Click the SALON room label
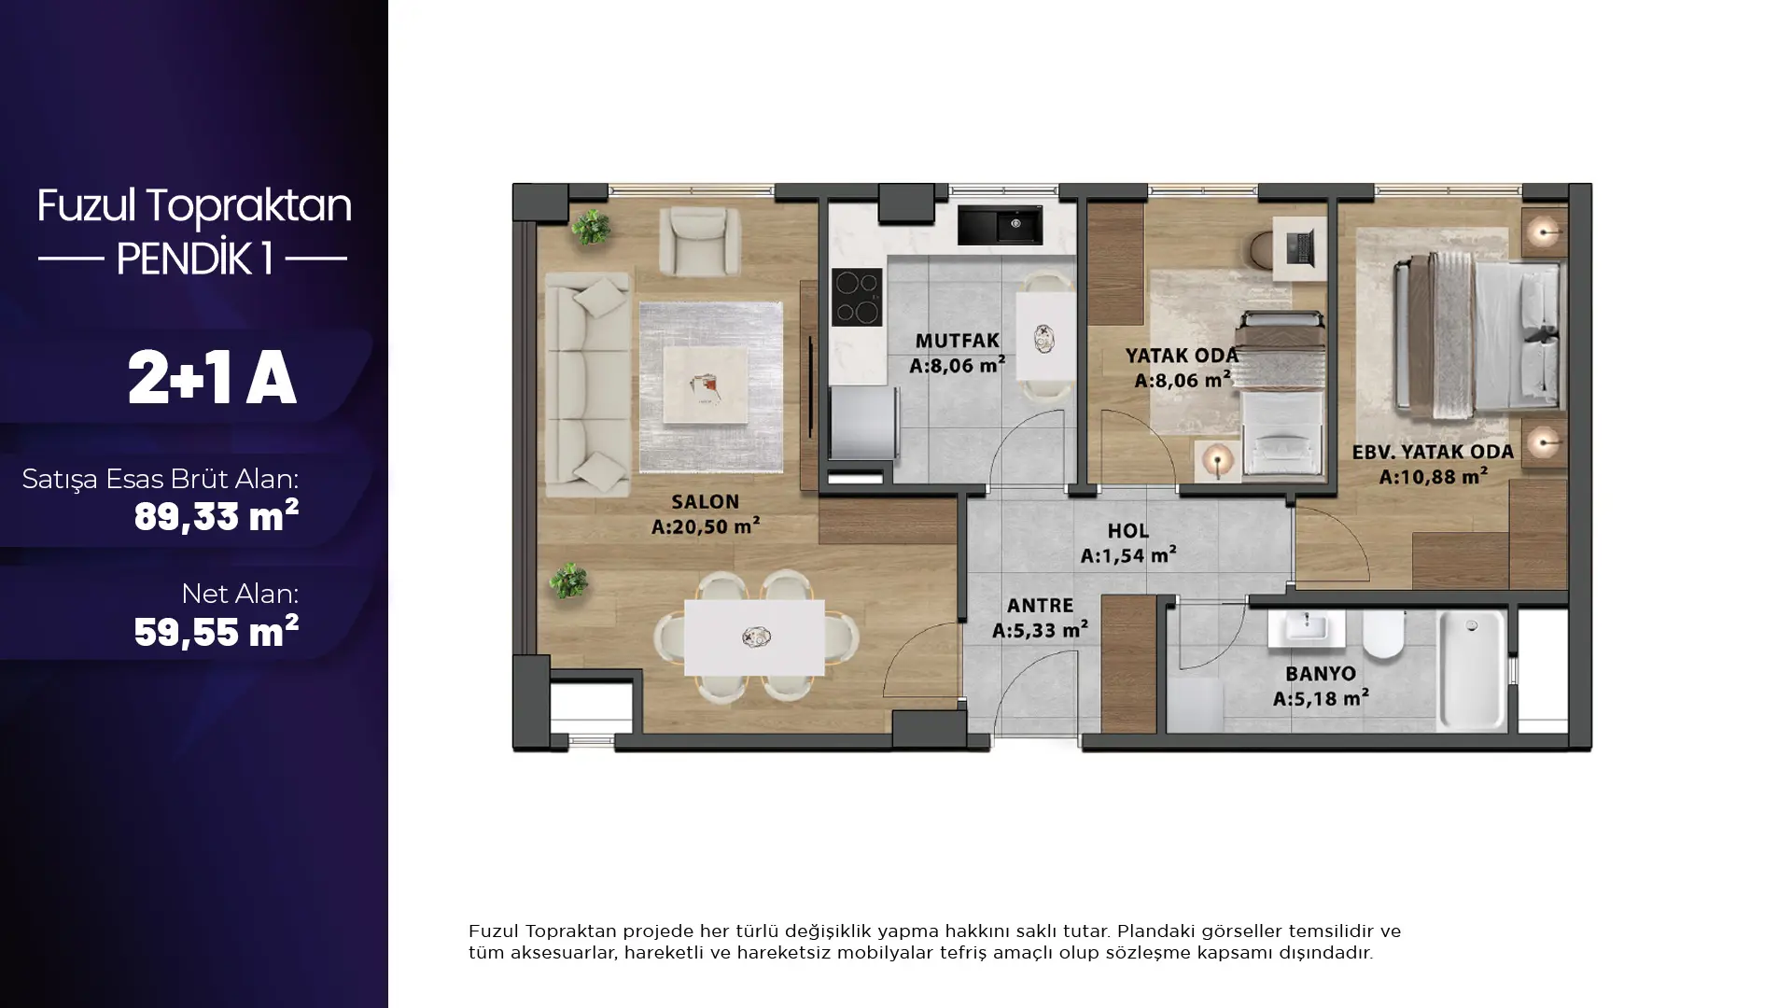click(x=705, y=502)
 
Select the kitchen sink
click(x=1000, y=225)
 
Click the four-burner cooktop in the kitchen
click(x=857, y=297)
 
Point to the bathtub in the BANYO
click(x=1472, y=669)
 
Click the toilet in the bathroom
click(x=1383, y=634)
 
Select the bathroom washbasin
click(x=1306, y=629)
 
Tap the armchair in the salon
click(x=699, y=240)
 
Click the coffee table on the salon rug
click(x=706, y=385)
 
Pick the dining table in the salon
click(x=754, y=637)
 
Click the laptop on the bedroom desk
click(x=1298, y=247)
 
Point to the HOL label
click(x=1127, y=531)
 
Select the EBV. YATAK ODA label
click(x=1433, y=453)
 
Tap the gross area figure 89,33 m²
click(x=216, y=515)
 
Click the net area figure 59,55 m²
click(x=216, y=631)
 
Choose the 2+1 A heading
click(x=212, y=378)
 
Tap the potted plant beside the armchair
click(x=590, y=227)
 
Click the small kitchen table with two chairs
click(x=1044, y=336)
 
